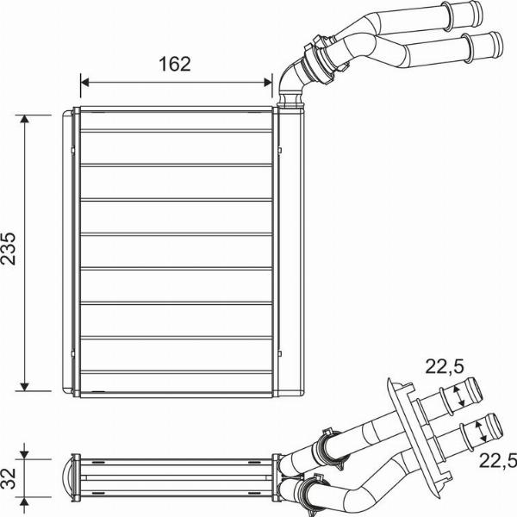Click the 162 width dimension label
click(174, 64)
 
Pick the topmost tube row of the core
click(176, 121)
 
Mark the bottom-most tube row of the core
click(176, 382)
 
